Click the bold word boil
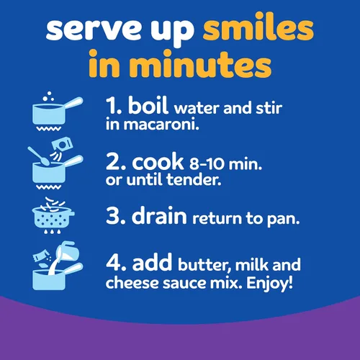click(x=148, y=105)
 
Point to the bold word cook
click(x=158, y=161)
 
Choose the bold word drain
click(x=159, y=215)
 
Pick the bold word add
click(x=152, y=262)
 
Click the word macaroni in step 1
click(x=161, y=125)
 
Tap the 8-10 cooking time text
click(x=207, y=164)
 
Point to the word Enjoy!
click(x=270, y=283)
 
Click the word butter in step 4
click(x=204, y=265)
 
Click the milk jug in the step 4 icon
click(x=68, y=251)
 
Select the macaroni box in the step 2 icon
click(x=62, y=145)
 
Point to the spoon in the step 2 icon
click(x=39, y=156)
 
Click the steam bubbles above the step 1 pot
click(x=49, y=96)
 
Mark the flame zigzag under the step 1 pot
click(x=48, y=129)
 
